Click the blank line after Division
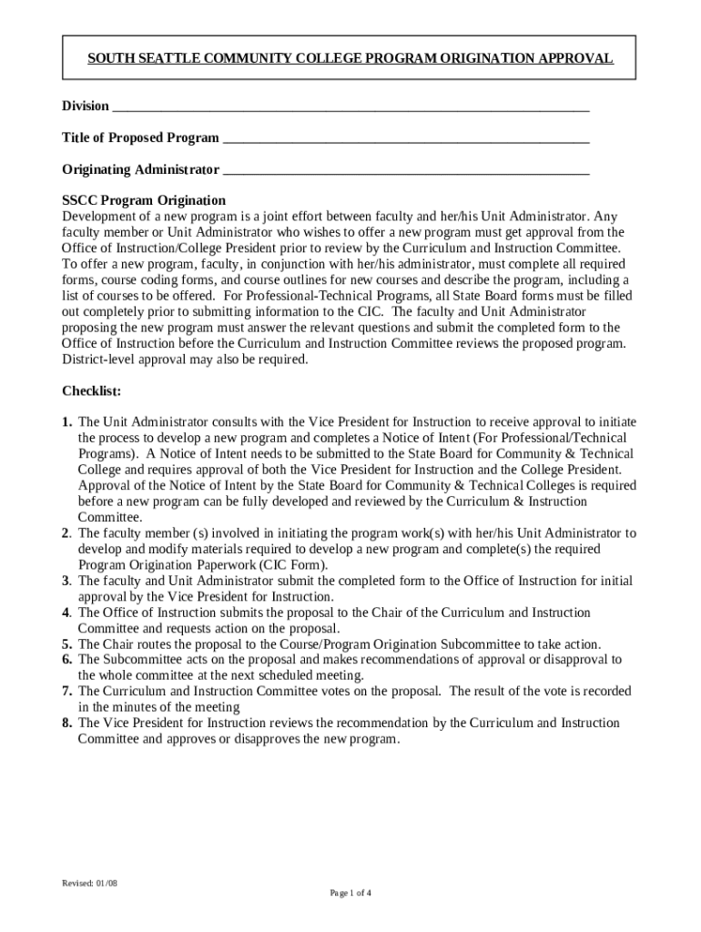click(350, 107)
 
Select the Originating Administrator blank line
click(406, 171)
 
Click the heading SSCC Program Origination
click(144, 200)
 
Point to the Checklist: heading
click(91, 391)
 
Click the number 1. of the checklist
click(67, 422)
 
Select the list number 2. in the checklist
click(67, 533)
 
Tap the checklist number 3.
click(67, 581)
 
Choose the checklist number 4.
click(67, 613)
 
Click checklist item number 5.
click(67, 644)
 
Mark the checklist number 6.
click(67, 660)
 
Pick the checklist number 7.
click(67, 692)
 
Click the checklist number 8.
click(67, 724)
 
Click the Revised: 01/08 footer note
click(90, 883)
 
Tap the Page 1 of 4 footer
click(350, 893)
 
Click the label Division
click(86, 106)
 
